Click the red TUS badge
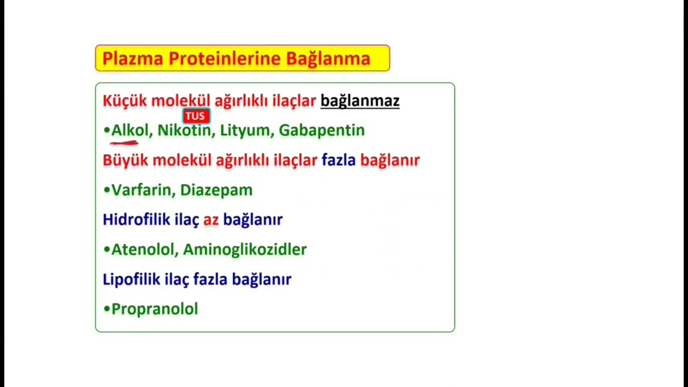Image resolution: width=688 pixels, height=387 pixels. pos(196,116)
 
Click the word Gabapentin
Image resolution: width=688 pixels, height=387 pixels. pos(321,131)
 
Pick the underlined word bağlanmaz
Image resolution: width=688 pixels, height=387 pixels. pos(360,101)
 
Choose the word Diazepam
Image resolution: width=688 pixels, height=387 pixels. pos(216,190)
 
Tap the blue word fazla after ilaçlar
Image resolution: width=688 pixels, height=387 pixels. pos(339,160)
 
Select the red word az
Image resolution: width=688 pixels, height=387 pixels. pos(211,220)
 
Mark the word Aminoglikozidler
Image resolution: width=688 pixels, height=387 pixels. pos(245,249)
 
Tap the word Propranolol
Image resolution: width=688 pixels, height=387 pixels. pos(155,309)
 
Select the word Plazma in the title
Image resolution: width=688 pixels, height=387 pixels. pos(132,59)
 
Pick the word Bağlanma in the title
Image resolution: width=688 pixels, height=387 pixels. pos(328,59)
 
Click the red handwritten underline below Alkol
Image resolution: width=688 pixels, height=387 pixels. pos(124,144)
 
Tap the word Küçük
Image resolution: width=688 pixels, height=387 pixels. pos(124,101)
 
